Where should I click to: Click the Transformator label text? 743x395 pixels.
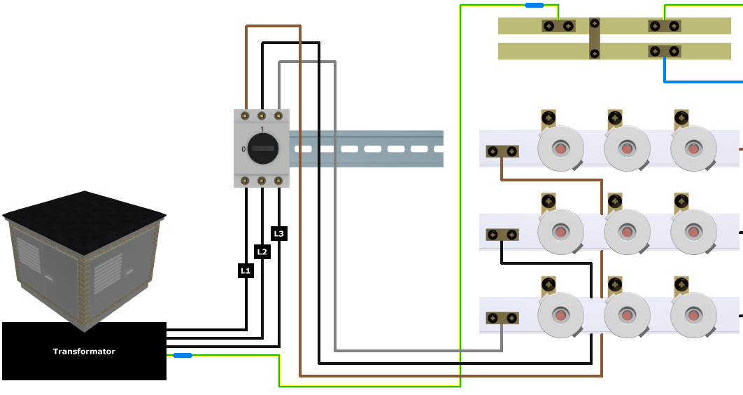pos(84,352)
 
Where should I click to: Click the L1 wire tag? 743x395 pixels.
pos(245,270)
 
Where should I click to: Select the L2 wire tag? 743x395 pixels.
pos(262,251)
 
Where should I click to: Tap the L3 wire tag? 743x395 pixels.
pos(278,233)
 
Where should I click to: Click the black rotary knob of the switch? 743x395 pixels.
pos(262,148)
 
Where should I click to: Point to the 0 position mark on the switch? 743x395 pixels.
pos(243,149)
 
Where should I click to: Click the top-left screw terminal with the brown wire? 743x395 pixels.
pos(245,115)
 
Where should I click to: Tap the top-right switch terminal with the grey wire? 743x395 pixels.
pos(278,115)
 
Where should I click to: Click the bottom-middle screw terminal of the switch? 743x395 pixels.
pos(262,181)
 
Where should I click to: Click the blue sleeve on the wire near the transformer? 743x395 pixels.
pos(183,356)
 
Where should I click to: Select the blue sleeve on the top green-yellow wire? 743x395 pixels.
pos(535,5)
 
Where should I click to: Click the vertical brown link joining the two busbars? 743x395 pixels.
pos(594,39)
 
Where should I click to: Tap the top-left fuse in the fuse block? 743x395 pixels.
pos(560,148)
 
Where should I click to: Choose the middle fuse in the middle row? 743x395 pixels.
pos(627,231)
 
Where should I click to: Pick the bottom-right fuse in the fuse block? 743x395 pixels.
pos(693,314)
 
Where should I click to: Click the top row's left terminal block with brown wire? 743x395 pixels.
pos(502,151)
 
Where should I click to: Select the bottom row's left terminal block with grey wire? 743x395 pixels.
pos(502,318)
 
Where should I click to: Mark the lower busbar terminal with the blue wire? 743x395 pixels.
pos(664,51)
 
